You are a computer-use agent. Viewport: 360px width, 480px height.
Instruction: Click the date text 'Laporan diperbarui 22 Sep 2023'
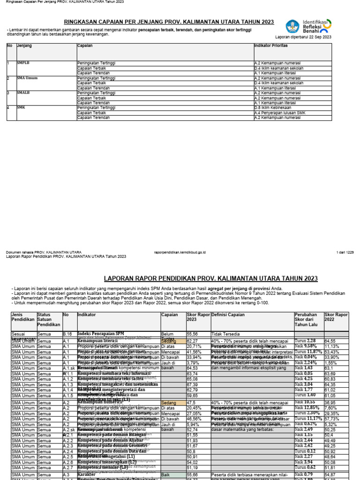(x=303, y=37)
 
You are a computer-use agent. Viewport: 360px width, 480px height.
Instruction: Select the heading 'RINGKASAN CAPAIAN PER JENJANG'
(x=169, y=22)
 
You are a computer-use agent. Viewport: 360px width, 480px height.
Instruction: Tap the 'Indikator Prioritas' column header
(x=270, y=46)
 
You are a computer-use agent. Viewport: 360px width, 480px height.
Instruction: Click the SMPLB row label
(x=23, y=62)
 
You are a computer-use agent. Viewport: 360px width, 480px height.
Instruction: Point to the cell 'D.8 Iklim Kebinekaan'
(x=273, y=108)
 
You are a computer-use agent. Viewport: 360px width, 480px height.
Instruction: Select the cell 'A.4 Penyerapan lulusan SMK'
(x=279, y=113)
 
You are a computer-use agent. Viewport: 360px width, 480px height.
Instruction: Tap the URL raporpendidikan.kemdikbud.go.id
(x=180, y=252)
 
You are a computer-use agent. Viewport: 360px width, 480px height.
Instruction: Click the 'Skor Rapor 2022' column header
(x=336, y=318)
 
